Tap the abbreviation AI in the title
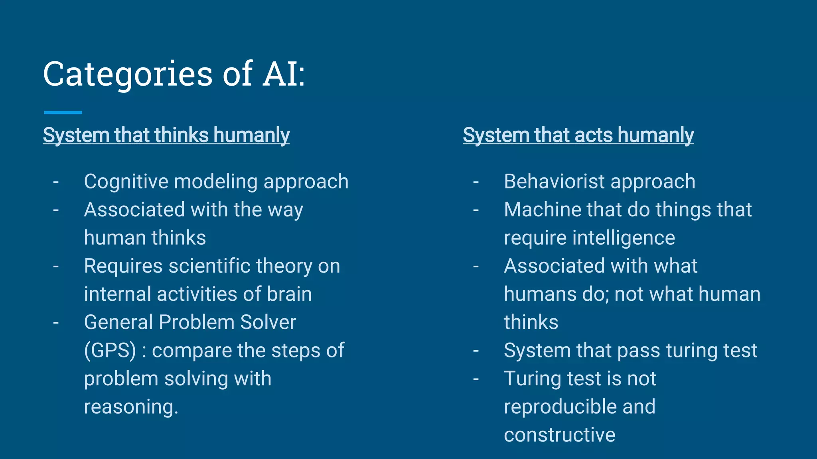(x=280, y=74)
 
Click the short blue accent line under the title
(x=63, y=113)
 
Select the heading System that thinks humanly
(x=166, y=135)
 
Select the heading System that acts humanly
(x=578, y=135)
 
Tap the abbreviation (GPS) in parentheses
(x=110, y=351)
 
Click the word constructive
(x=559, y=435)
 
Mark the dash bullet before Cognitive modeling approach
(x=56, y=182)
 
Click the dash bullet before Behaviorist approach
(x=476, y=182)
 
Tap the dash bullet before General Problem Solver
(x=56, y=323)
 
